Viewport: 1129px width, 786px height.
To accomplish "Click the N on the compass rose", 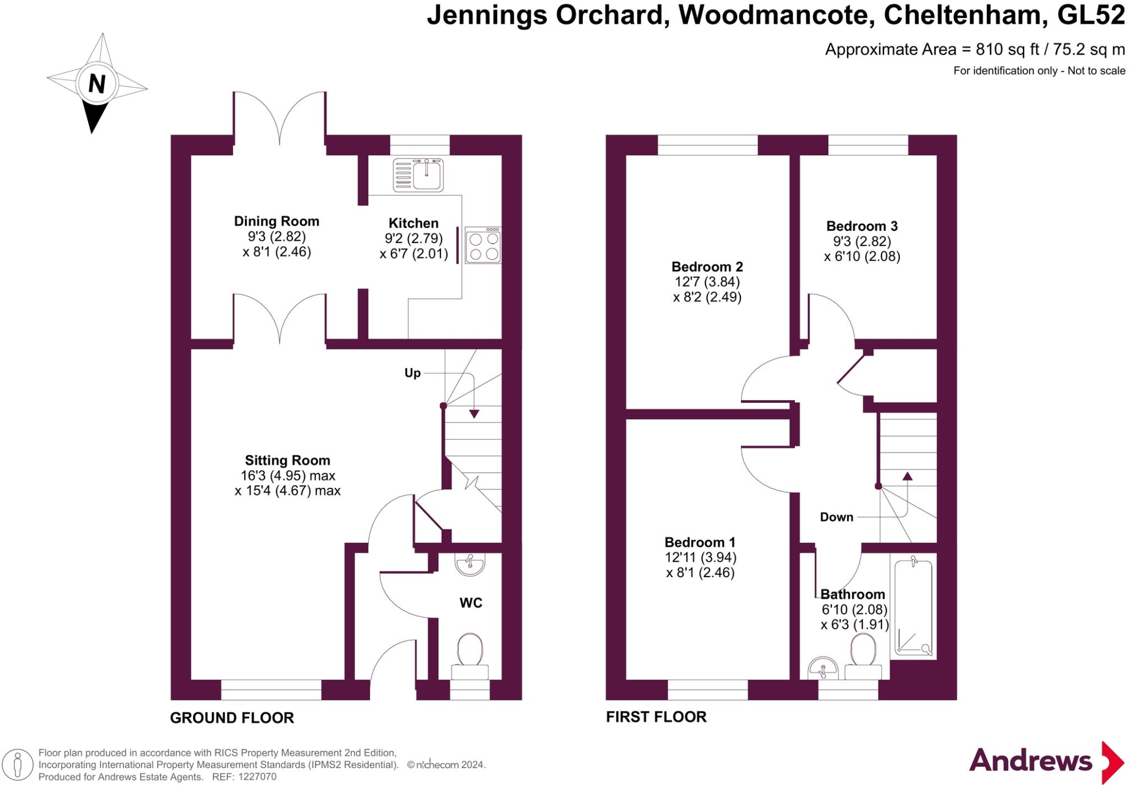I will [97, 84].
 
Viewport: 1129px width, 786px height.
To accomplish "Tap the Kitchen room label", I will [413, 223].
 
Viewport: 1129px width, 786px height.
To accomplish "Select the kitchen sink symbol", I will [418, 175].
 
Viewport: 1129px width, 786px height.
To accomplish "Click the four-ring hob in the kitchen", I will [483, 246].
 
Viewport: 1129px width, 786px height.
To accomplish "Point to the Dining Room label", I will [277, 222].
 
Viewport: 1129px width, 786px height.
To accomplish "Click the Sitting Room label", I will [287, 460].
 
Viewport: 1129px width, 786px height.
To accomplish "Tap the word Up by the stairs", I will [412, 373].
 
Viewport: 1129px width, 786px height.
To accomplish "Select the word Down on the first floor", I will [836, 517].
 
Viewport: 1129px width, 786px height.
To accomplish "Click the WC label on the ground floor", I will [471, 603].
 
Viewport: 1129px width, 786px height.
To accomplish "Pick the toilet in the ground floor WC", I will [470, 653].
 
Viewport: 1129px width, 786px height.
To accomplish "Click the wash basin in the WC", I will [470, 565].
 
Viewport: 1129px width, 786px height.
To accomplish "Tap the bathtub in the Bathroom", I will [913, 606].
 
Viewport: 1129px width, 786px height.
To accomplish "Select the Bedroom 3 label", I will [862, 226].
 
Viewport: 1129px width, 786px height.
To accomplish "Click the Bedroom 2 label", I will [707, 267].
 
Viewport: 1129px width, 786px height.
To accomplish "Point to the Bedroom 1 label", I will [700, 542].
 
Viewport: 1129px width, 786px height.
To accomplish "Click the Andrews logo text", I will [1030, 761].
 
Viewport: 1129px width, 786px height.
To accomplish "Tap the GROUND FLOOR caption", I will [232, 718].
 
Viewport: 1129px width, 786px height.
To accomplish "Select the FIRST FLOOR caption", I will [656, 717].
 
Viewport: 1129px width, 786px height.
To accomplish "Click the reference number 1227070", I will [256, 777].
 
